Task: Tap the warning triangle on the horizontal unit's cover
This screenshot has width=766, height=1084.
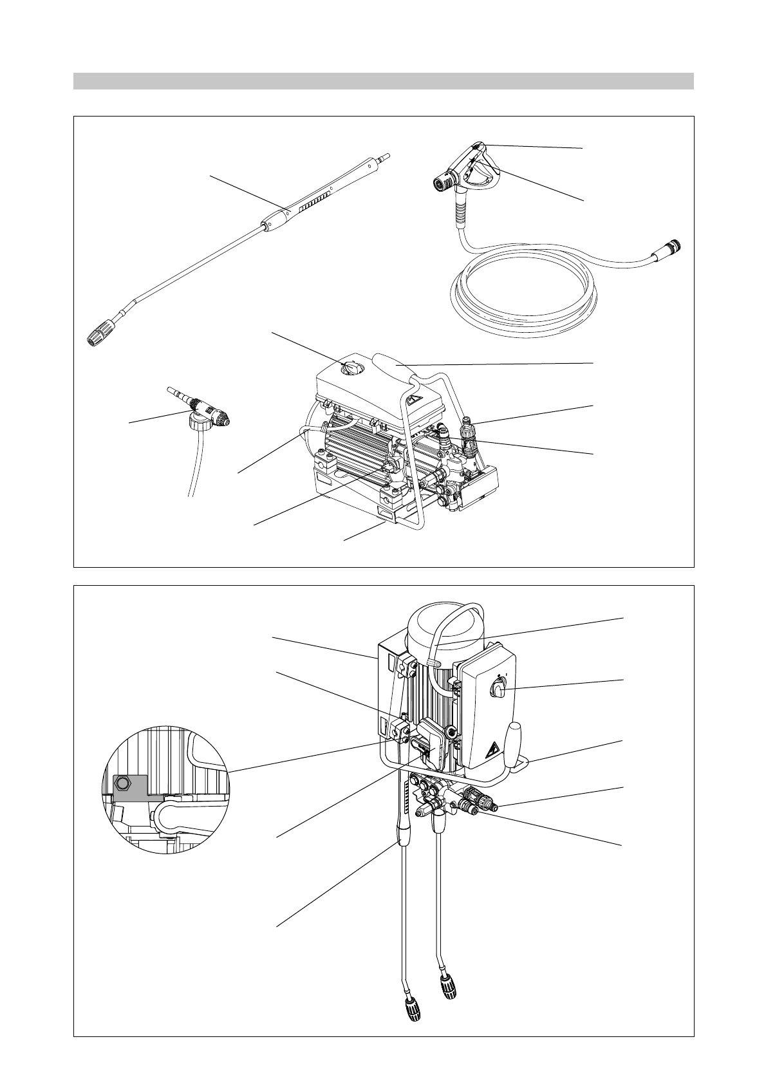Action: point(416,399)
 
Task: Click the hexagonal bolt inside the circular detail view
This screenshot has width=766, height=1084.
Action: point(123,783)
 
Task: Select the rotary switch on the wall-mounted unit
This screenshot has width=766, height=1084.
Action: point(500,691)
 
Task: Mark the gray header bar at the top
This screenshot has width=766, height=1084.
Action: point(383,81)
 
